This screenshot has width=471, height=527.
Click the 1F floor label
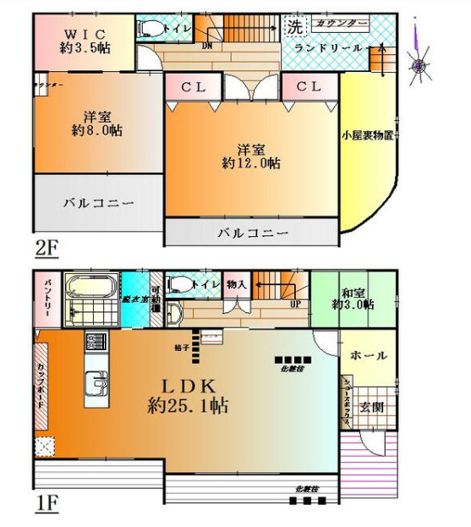tap(46, 505)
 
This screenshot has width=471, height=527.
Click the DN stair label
tap(207, 47)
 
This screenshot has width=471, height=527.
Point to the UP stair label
tap(295, 303)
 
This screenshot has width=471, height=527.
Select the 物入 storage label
tap(237, 286)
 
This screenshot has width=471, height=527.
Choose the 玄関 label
tap(373, 407)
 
